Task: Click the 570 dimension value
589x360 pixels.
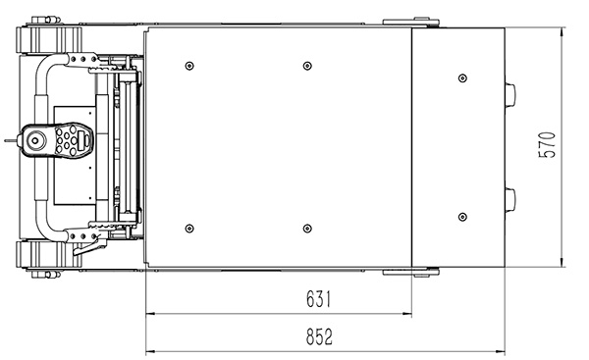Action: point(547,145)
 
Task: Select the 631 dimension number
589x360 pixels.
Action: point(318,299)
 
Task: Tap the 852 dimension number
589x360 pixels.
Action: point(319,336)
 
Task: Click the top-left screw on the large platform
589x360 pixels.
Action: point(189,66)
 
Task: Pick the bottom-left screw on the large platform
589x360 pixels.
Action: point(189,229)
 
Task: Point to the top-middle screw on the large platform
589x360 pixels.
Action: point(307,66)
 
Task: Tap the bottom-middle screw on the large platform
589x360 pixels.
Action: point(307,229)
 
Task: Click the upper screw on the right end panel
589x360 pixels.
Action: point(462,78)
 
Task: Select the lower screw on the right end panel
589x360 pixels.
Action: point(462,217)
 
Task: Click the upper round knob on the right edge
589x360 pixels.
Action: point(509,95)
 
